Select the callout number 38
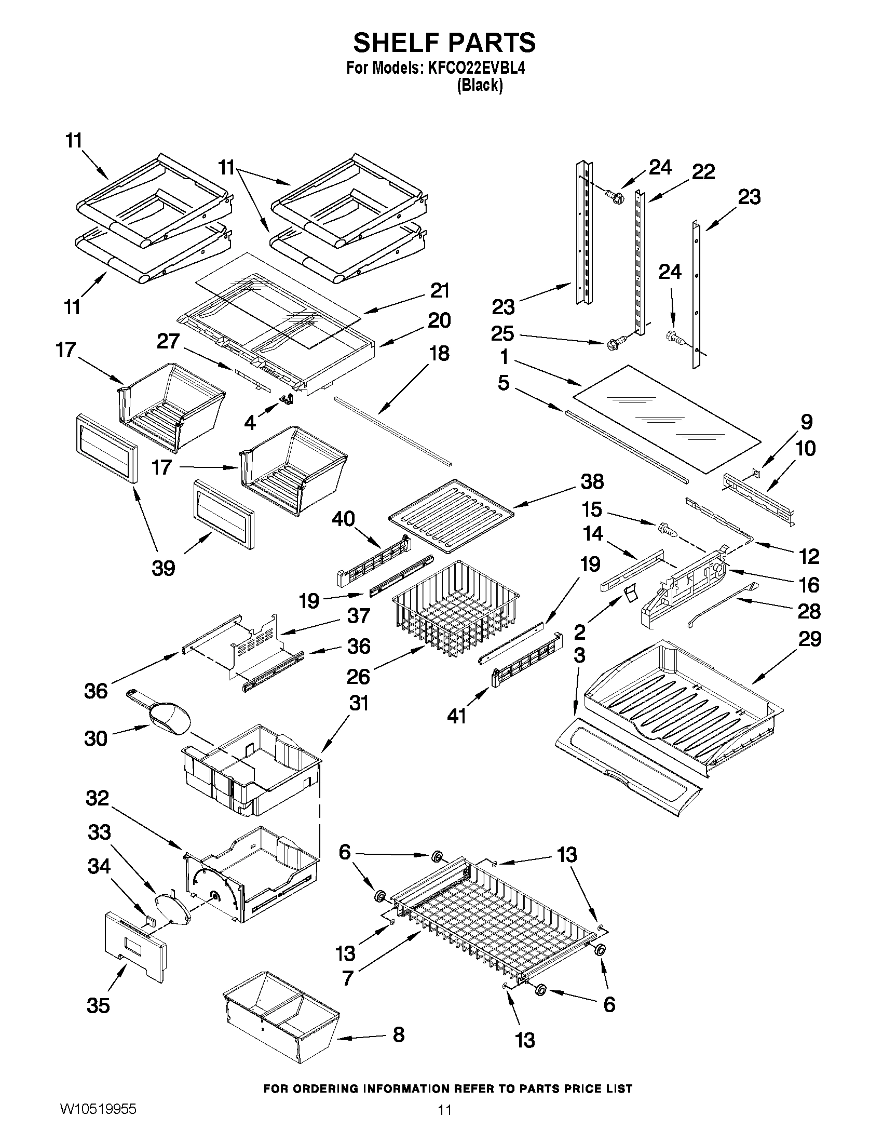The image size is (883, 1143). (x=592, y=481)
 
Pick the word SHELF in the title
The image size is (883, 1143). (x=396, y=43)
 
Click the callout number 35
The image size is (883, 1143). (x=98, y=1005)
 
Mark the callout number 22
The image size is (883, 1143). (x=703, y=172)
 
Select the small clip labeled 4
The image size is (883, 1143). (x=286, y=400)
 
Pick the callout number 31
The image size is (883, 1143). (x=359, y=703)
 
